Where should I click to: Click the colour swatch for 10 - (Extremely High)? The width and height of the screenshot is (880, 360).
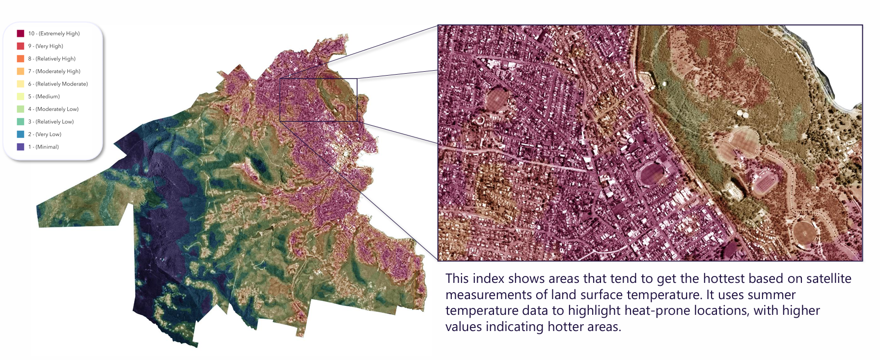(21, 33)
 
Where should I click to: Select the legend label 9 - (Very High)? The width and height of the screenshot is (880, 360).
(46, 46)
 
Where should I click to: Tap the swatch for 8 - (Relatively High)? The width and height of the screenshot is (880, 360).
(21, 58)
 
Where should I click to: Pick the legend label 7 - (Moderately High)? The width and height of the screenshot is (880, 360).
(54, 71)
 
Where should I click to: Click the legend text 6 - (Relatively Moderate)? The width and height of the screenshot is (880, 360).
(58, 84)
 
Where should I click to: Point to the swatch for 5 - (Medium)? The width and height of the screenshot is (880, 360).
(21, 96)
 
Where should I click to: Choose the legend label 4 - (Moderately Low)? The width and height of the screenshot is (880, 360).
(53, 109)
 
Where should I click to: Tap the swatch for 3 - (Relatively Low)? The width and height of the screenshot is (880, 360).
(21, 121)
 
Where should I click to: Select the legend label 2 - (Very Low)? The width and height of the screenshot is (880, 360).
(45, 134)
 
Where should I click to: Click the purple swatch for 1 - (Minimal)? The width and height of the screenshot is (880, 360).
(21, 146)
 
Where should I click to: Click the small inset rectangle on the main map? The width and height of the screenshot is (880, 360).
(318, 100)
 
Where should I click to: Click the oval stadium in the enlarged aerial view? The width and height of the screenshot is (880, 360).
(652, 173)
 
